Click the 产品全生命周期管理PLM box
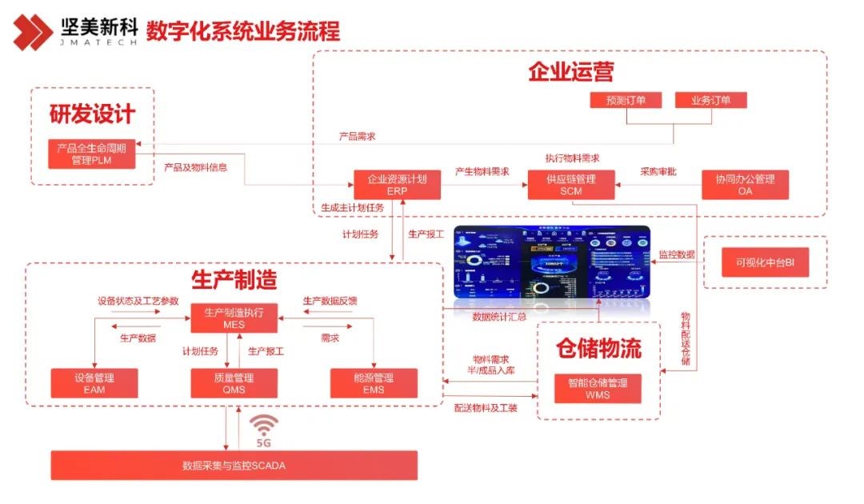pos(91,154)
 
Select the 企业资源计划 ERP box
pos(397,185)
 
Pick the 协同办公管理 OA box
pos(745,185)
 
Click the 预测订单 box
pos(626,101)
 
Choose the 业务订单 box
pos(710,101)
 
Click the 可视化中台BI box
pos(766,262)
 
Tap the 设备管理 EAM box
pos(94,383)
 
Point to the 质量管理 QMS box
pos(234,383)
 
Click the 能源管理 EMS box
pos(373,383)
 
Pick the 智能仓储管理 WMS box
pos(598,388)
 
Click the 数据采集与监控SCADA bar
pos(234,466)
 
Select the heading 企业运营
pos(570,72)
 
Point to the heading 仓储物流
pos(598,348)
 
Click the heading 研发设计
pos(92,114)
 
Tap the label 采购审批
pos(658,171)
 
